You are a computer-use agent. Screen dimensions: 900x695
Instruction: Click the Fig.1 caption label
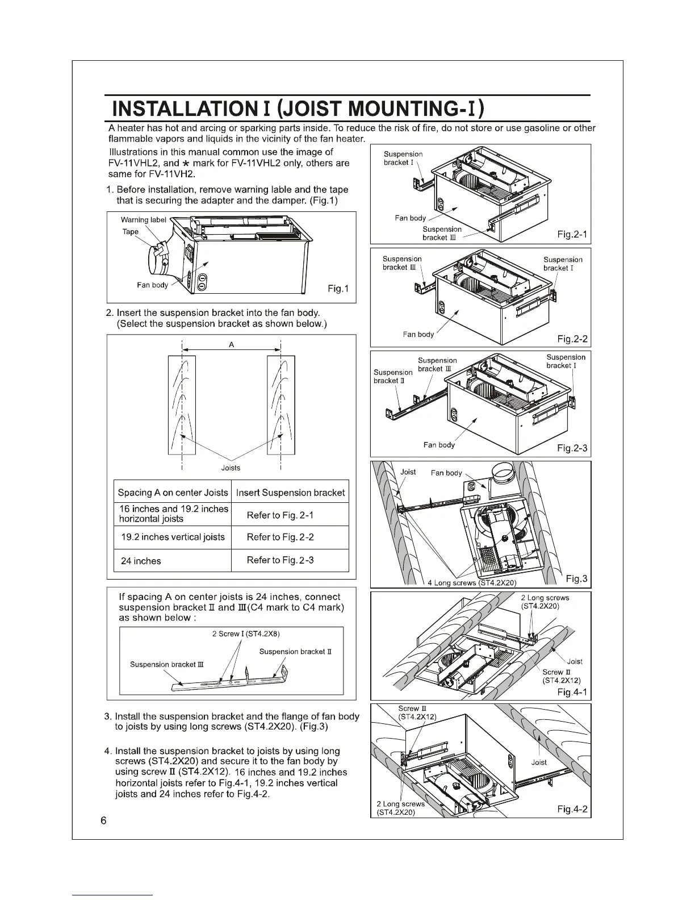tap(338, 289)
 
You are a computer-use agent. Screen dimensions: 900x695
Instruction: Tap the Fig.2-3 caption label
tap(572, 449)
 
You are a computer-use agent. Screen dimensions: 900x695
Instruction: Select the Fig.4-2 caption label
tap(572, 809)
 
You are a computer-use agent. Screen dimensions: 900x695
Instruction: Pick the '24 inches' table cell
tap(141, 561)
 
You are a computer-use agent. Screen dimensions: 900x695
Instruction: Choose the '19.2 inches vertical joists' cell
tap(173, 537)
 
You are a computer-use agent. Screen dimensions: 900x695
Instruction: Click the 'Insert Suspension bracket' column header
tap(290, 493)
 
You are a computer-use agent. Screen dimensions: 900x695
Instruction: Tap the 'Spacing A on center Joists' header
tap(173, 493)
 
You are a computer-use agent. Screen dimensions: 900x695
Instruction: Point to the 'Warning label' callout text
tap(144, 219)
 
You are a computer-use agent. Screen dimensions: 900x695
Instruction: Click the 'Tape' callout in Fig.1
tap(131, 231)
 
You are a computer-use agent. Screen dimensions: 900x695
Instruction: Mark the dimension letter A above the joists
tap(232, 344)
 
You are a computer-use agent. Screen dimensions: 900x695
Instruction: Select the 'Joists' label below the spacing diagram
tap(231, 468)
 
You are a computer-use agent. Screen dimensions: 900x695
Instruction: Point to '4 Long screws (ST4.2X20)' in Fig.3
tap(472, 582)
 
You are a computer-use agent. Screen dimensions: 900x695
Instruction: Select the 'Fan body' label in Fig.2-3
tap(439, 445)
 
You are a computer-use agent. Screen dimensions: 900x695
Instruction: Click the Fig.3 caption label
tap(577, 579)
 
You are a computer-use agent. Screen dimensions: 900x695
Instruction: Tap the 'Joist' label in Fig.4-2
tap(539, 762)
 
